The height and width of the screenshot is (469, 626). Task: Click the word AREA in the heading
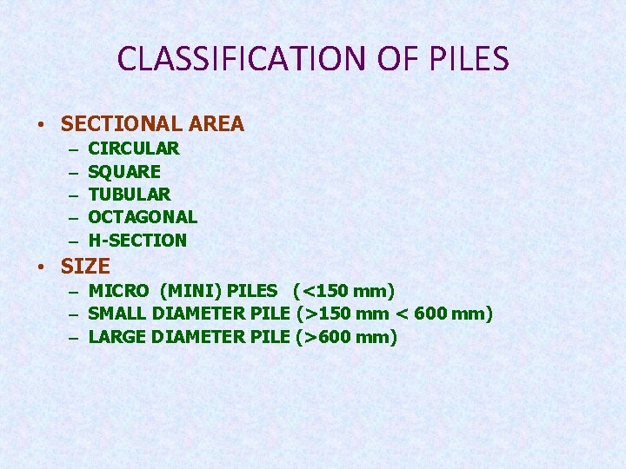tap(216, 124)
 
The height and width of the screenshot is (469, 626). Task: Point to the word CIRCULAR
tap(134, 149)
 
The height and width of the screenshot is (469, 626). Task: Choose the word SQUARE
tap(124, 172)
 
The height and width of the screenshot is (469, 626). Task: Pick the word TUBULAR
tap(130, 195)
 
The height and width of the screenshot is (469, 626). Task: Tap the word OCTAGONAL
tap(143, 217)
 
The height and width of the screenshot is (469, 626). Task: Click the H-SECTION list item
tap(137, 241)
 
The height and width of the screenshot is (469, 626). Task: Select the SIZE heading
tap(85, 267)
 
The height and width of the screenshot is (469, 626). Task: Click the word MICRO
tap(119, 291)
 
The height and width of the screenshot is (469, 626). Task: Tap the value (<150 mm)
tap(344, 291)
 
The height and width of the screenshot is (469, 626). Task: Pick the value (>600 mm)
tap(347, 337)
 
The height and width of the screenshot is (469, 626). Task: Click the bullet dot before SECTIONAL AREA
tap(43, 125)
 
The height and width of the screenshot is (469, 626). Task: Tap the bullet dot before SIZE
tap(43, 268)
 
